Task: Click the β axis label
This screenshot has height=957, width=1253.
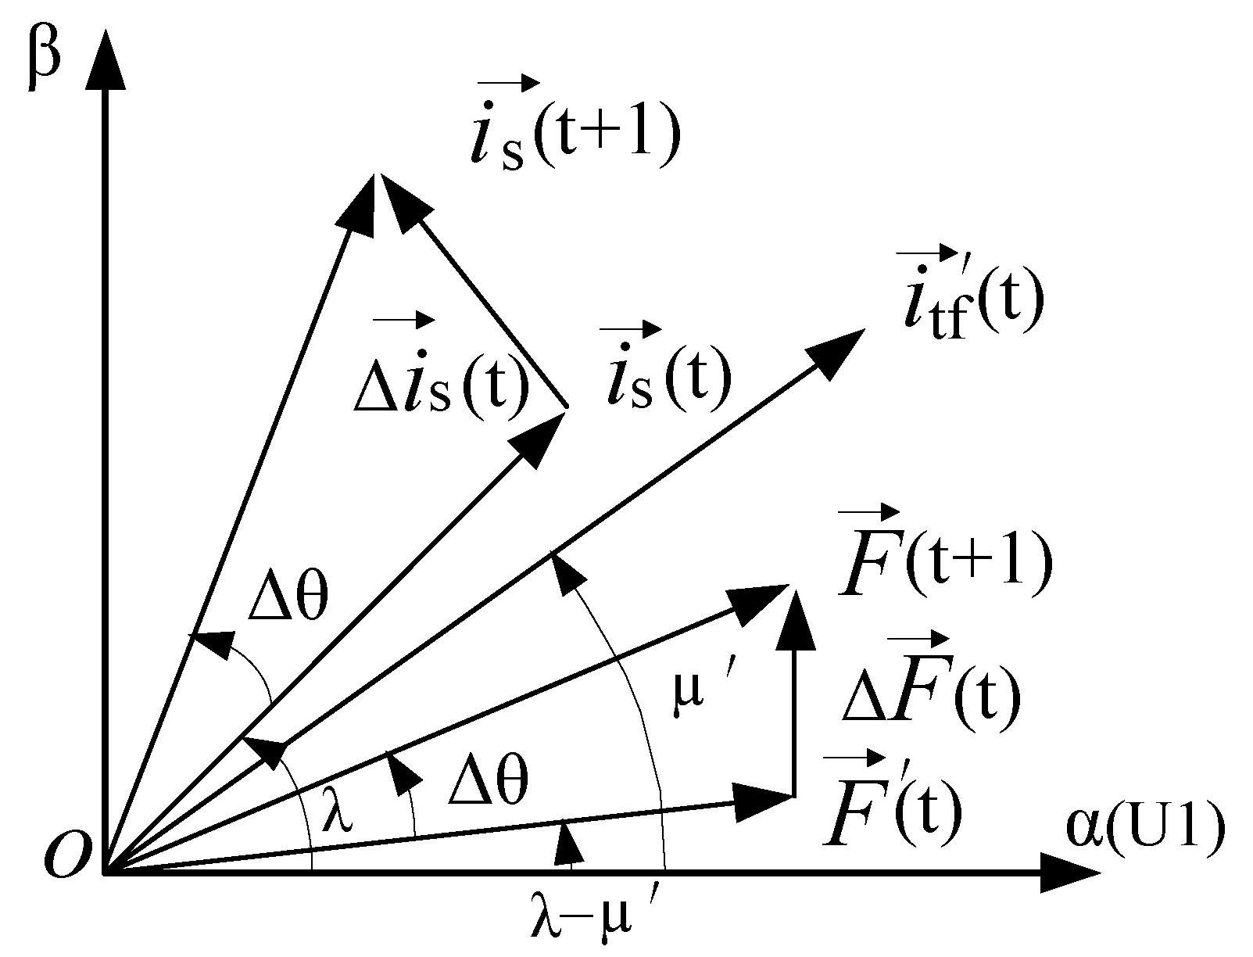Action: coord(42,60)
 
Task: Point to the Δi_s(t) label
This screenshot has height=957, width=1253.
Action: coord(441,383)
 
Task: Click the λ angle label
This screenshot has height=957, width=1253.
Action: coord(337,813)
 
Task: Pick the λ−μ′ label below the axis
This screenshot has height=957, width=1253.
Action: coord(592,922)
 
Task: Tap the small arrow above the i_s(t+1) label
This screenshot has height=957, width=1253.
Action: coord(508,82)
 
